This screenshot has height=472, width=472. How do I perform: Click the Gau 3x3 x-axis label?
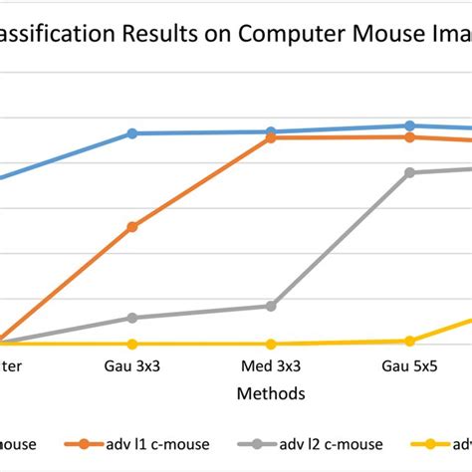tap(131, 366)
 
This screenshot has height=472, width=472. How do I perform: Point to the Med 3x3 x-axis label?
tap(271, 366)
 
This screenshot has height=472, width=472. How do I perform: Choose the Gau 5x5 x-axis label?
tap(409, 366)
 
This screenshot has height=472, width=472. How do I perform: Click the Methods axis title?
tap(270, 393)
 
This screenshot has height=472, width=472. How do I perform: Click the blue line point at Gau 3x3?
tap(132, 133)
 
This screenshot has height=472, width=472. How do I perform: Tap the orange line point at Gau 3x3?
tap(132, 227)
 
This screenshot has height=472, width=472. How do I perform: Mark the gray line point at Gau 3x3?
tap(132, 318)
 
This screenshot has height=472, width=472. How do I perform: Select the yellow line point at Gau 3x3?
tap(132, 344)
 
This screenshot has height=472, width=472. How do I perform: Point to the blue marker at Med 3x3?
tap(271, 131)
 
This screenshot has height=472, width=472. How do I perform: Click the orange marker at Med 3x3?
tap(271, 137)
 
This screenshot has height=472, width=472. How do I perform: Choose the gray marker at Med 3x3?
tap(271, 307)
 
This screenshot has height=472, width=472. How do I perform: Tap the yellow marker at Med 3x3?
tap(271, 344)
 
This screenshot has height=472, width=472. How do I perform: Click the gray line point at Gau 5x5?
tap(409, 172)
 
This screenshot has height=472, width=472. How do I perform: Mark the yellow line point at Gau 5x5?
tap(409, 341)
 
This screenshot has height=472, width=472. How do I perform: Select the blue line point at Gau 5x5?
tap(409, 125)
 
